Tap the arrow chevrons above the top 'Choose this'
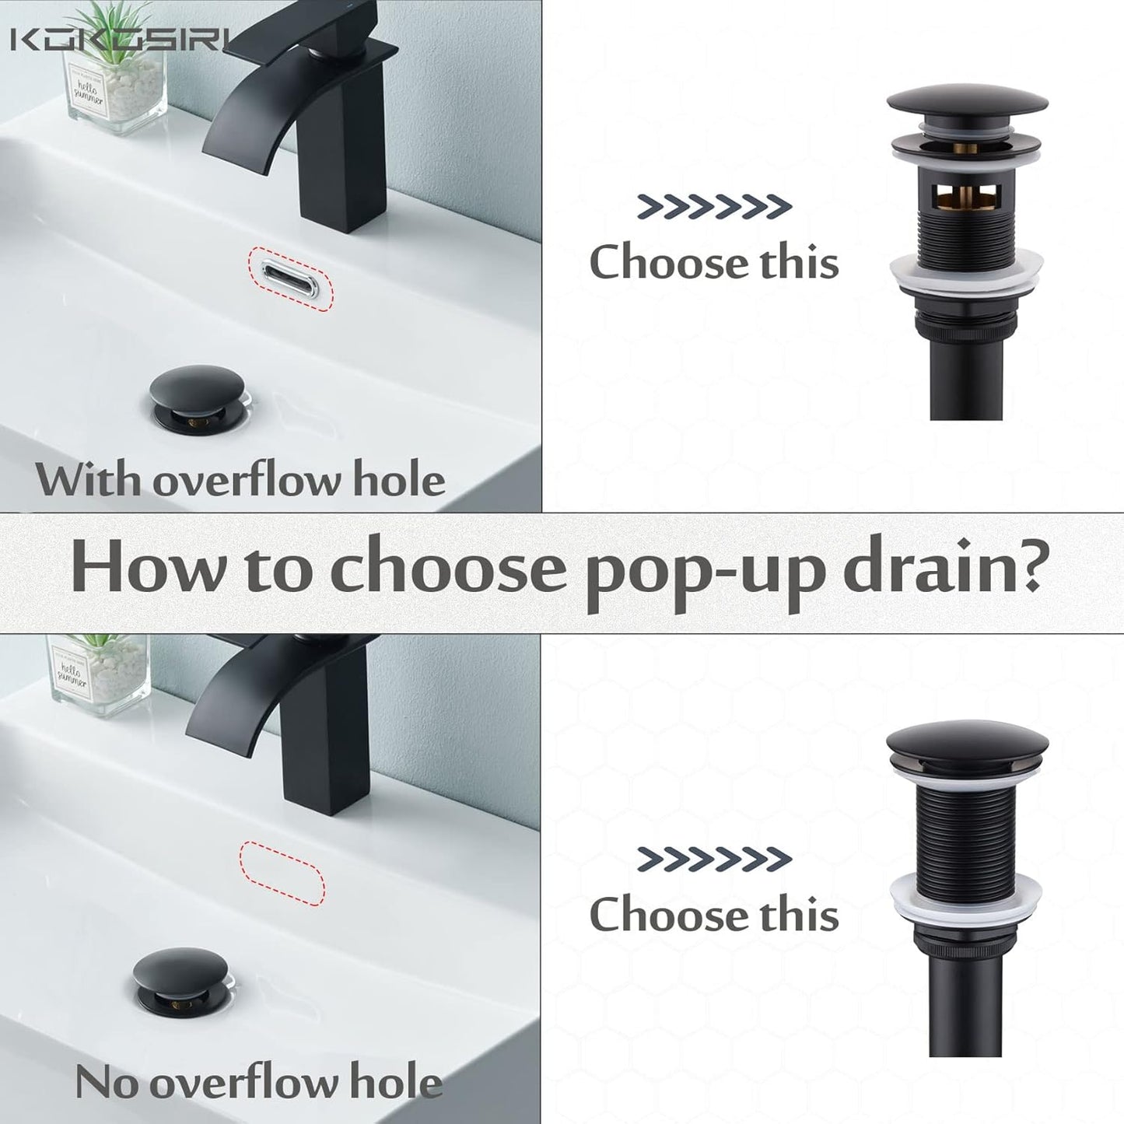[714, 206]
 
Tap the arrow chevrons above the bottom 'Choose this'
[714, 859]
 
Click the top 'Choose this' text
[714, 262]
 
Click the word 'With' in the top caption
[87, 480]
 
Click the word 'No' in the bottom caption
[107, 1083]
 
